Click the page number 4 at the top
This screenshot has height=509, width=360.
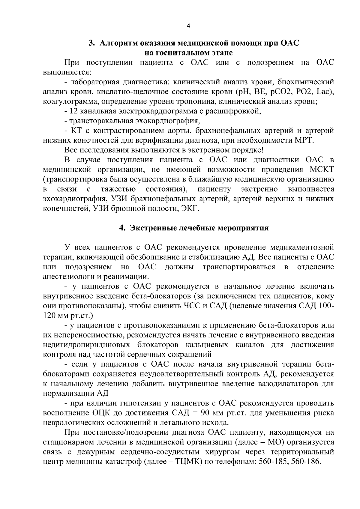188,26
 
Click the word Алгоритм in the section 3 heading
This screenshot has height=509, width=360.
116,43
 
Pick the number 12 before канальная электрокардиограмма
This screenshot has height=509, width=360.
74,111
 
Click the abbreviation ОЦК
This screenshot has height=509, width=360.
101,413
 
